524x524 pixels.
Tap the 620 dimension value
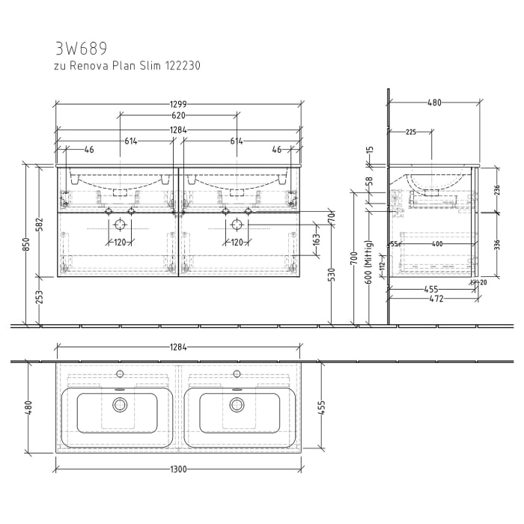click(x=178, y=116)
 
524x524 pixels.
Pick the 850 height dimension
click(x=27, y=245)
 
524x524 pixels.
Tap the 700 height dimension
click(x=354, y=259)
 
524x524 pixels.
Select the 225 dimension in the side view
click(x=411, y=132)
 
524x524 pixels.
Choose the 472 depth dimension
click(x=433, y=299)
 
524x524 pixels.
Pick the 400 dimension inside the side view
click(x=437, y=244)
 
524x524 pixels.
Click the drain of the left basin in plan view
click(x=119, y=405)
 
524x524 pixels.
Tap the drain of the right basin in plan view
click(x=237, y=405)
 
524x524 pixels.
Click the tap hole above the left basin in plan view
click(x=119, y=373)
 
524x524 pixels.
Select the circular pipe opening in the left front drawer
click(x=119, y=224)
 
